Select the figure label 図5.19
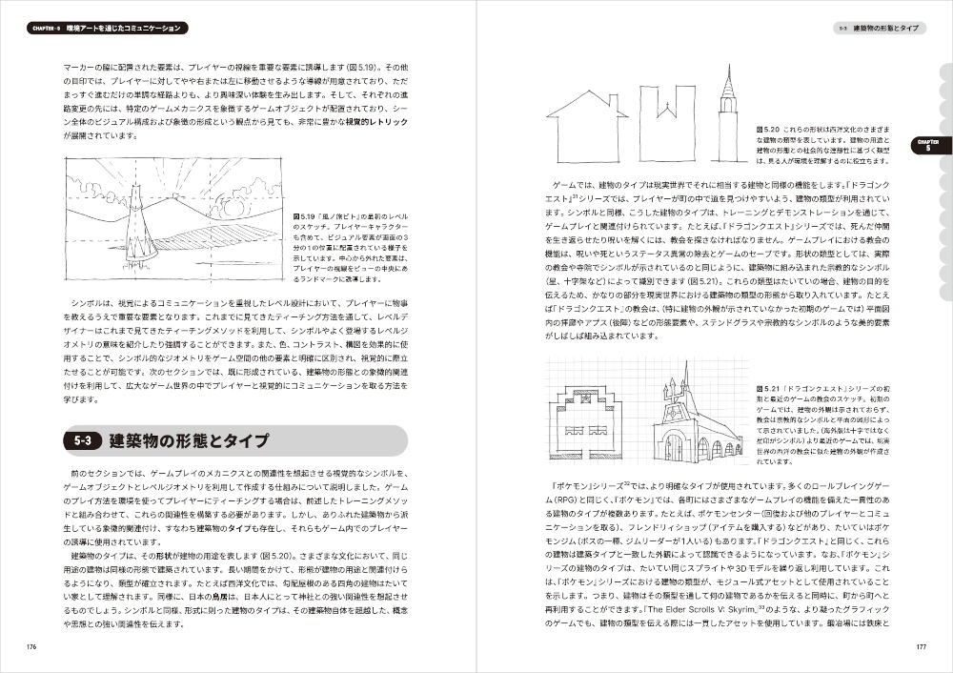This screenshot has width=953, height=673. click(306, 216)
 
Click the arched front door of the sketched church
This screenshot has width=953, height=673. click(673, 447)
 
